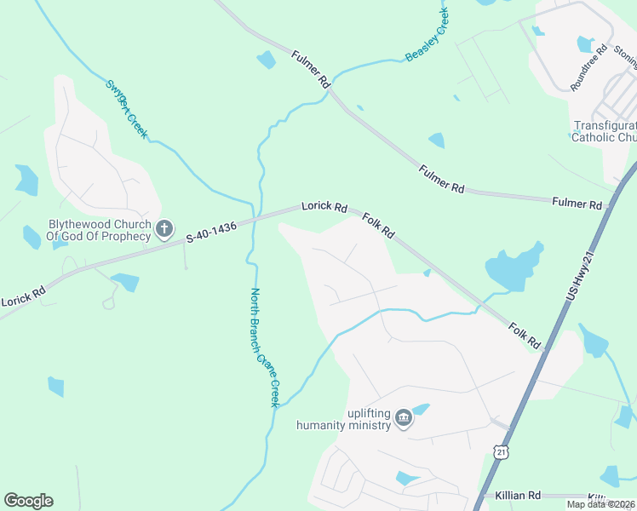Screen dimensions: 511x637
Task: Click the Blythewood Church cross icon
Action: pyautogui.click(x=165, y=228)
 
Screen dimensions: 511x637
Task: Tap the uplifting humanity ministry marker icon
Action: pyautogui.click(x=404, y=417)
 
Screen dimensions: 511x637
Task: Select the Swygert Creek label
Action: pyautogui.click(x=127, y=109)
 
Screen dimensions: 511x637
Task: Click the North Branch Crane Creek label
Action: pyautogui.click(x=264, y=347)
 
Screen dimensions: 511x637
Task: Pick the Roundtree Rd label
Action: pyautogui.click(x=588, y=66)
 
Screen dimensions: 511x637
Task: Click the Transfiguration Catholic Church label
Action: pyautogui.click(x=604, y=130)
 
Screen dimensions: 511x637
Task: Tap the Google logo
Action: pyautogui.click(x=28, y=501)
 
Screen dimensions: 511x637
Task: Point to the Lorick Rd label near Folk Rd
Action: pyautogui.click(x=324, y=207)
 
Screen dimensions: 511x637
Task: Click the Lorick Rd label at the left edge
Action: pyautogui.click(x=22, y=299)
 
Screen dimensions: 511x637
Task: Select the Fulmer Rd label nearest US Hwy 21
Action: pyautogui.click(x=577, y=204)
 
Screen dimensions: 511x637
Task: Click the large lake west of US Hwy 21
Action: pyautogui.click(x=514, y=267)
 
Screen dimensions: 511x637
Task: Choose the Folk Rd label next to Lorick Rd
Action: pyautogui.click(x=379, y=226)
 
